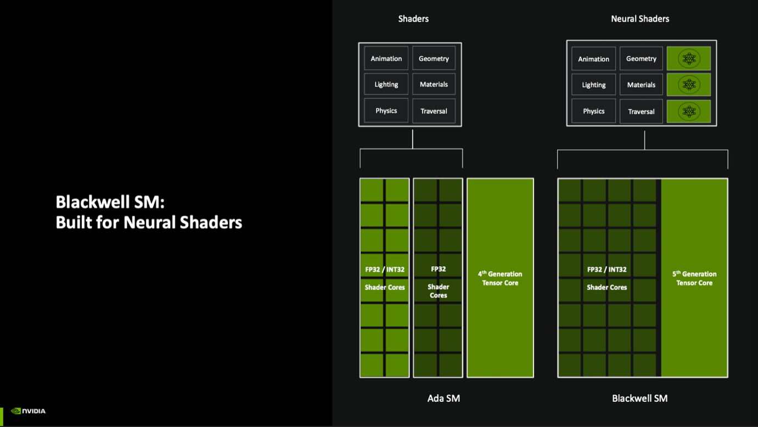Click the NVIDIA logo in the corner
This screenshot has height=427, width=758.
pyautogui.click(x=29, y=411)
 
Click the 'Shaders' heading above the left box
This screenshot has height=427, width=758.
pyautogui.click(x=413, y=19)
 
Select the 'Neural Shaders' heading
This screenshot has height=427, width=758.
pyautogui.click(x=640, y=19)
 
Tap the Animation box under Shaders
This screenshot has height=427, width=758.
pyautogui.click(x=386, y=58)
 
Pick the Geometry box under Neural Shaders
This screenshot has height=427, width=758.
pyautogui.click(x=641, y=59)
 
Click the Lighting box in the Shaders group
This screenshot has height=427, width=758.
pyautogui.click(x=386, y=85)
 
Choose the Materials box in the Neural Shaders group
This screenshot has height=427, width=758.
pyautogui.click(x=641, y=85)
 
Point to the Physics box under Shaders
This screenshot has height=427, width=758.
pyautogui.click(x=386, y=111)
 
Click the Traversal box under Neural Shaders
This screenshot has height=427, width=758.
pyautogui.click(x=641, y=111)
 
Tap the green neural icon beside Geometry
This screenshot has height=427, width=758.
pyautogui.click(x=689, y=59)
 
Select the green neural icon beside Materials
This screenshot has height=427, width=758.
pyautogui.click(x=689, y=85)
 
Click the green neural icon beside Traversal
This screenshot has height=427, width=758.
pyautogui.click(x=689, y=111)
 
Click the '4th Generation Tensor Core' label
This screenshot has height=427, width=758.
pyautogui.click(x=500, y=278)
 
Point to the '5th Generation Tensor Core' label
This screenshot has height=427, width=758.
pyautogui.click(x=694, y=278)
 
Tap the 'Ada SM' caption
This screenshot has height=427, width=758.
pyautogui.click(x=443, y=398)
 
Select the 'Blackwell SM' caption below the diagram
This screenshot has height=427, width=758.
pyautogui.click(x=640, y=398)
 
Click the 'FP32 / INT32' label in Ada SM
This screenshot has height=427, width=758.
pyautogui.click(x=385, y=269)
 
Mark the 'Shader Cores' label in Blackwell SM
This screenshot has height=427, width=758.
pyautogui.click(x=607, y=287)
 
